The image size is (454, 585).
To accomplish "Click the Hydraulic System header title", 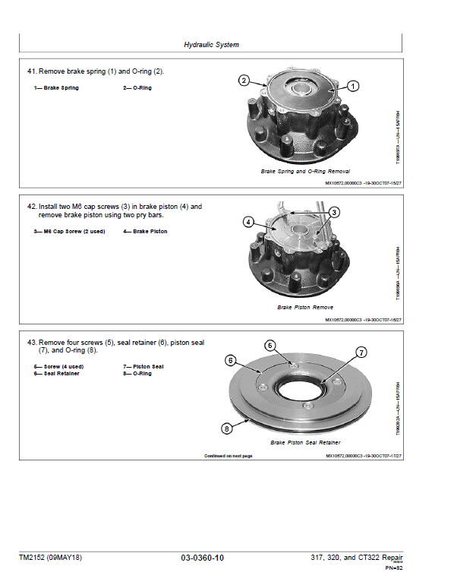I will click(211, 45).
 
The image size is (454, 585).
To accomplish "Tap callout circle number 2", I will click(244, 81).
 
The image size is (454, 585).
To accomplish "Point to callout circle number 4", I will click(248, 222).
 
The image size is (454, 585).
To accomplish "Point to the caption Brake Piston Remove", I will click(305, 308).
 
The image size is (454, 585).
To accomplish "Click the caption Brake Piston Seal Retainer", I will click(305, 442).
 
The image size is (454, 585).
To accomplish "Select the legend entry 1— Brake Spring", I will click(55, 88).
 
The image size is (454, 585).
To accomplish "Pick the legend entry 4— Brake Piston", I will click(144, 231).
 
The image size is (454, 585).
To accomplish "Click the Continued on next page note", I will click(228, 456).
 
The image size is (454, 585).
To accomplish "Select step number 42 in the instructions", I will click(32, 206).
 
